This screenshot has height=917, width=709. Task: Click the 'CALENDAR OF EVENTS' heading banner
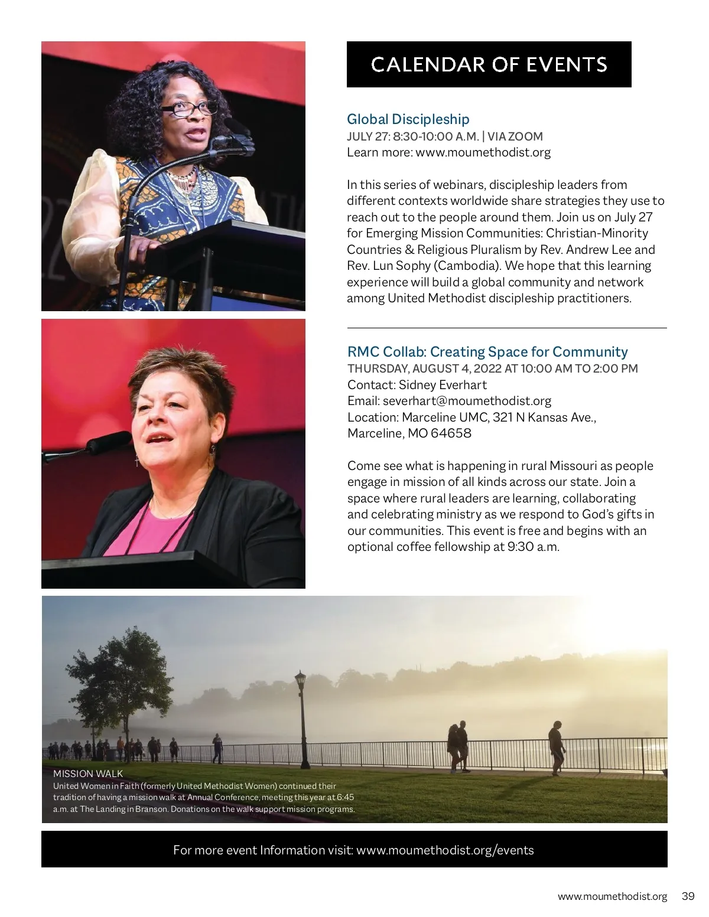(489, 64)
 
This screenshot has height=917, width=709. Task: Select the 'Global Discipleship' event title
(408, 119)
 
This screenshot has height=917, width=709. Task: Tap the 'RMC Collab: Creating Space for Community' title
(487, 352)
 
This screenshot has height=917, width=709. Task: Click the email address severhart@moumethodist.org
(467, 401)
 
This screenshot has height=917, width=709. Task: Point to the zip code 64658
(451, 433)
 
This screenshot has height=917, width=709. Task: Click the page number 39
(688, 896)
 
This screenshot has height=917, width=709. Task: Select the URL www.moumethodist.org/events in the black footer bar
(445, 850)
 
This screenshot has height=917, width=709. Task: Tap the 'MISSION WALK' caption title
(88, 774)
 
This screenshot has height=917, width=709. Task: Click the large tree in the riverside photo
(118, 673)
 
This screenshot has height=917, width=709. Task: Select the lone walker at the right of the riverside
(557, 746)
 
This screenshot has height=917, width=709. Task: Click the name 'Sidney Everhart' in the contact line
(443, 385)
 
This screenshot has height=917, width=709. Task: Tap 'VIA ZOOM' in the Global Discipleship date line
(515, 136)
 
